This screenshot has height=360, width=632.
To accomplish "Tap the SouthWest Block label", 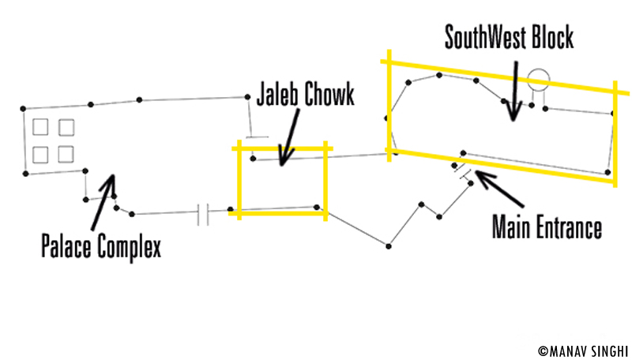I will (x=509, y=36).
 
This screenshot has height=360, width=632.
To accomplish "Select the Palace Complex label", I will (x=101, y=247).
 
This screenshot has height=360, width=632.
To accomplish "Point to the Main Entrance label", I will (x=547, y=228).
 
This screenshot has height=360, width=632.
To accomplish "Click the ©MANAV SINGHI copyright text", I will (x=582, y=348).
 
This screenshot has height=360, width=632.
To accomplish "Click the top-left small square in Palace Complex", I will (x=41, y=127).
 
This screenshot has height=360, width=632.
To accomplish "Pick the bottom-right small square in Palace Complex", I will (x=66, y=153).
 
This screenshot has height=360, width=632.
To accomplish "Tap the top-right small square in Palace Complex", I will (x=66, y=127).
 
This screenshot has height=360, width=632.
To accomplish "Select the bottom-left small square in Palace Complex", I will (x=41, y=153).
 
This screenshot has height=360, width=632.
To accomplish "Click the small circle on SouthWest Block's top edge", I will (x=538, y=78).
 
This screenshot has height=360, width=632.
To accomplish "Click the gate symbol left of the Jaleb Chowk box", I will (x=203, y=213).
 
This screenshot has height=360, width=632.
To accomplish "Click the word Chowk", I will (x=330, y=96).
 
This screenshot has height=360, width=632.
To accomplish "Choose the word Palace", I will (x=66, y=247).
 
